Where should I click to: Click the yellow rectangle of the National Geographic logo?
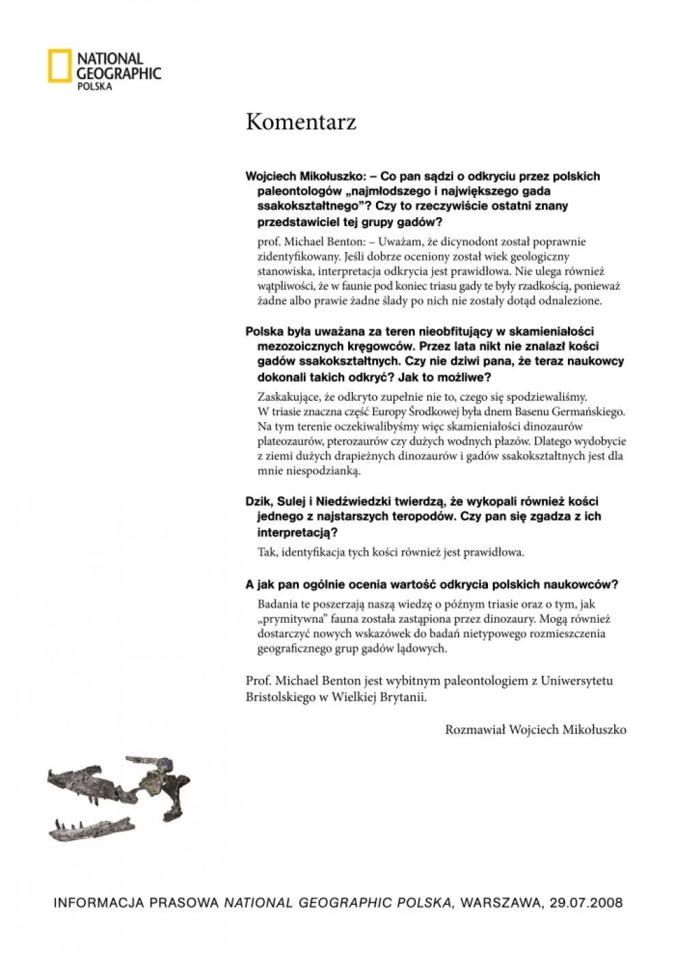coord(59,67)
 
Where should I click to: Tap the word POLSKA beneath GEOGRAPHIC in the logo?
coord(94,87)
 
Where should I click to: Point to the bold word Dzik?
coord(258,501)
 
